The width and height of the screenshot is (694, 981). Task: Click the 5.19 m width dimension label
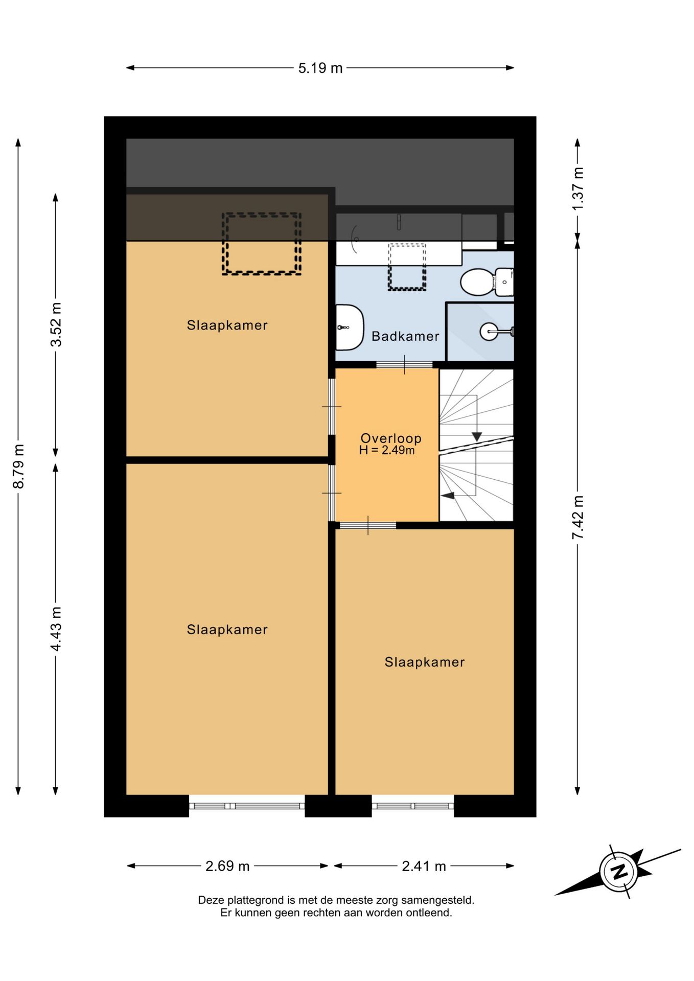[320, 68]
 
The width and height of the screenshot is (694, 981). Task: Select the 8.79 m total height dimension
[18, 466]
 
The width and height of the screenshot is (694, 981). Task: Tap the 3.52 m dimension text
[56, 324]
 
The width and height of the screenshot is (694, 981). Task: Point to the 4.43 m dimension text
[56, 628]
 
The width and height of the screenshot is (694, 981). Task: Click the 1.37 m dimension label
[577, 189]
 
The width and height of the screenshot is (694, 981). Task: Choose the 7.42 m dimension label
[577, 517]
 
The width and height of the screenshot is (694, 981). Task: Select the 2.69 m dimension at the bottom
[227, 866]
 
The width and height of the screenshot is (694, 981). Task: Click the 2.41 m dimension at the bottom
[424, 866]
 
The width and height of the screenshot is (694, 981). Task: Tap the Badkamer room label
[405, 336]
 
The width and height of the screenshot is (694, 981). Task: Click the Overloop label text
[391, 438]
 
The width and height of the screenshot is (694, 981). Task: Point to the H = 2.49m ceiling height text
[387, 450]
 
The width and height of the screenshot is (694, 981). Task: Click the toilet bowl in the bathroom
[478, 282]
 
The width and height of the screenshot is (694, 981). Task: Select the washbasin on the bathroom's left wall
[350, 328]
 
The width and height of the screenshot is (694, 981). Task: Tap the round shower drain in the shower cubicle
[489, 332]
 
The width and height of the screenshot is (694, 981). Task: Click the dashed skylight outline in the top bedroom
[261, 244]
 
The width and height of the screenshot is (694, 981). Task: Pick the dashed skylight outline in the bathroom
[407, 267]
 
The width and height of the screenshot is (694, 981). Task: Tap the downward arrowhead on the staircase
[477, 437]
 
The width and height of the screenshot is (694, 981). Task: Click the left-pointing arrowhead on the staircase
[448, 495]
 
